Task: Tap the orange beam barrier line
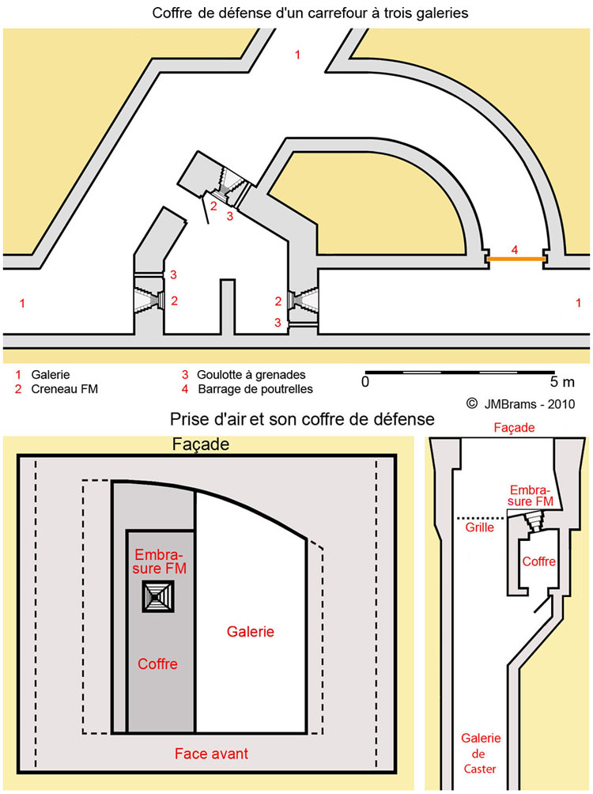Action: click(515, 259)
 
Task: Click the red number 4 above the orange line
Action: click(515, 249)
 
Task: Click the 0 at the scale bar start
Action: click(365, 382)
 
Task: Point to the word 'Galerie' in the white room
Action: click(251, 632)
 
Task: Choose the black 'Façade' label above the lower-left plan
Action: click(200, 445)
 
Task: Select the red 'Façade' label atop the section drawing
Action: click(513, 428)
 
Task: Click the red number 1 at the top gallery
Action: click(297, 55)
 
